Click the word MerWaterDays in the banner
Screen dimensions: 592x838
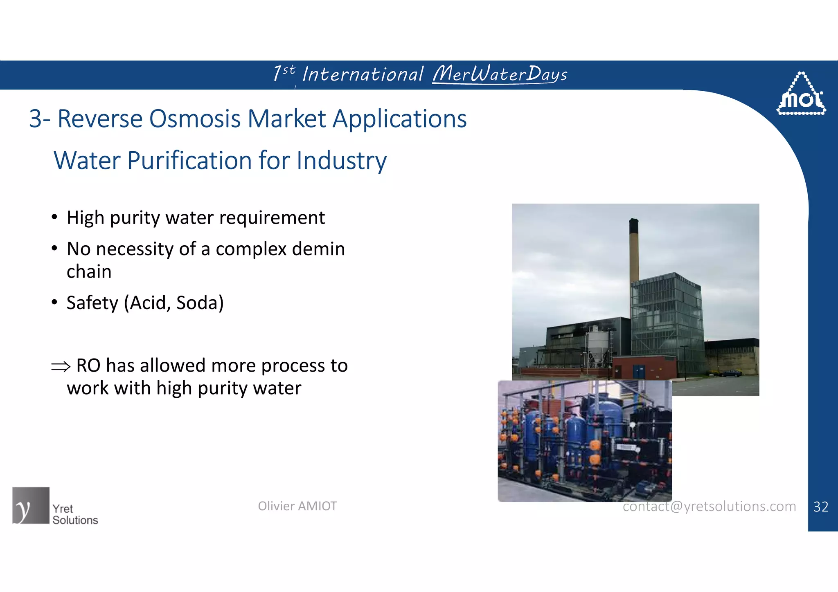click(500, 74)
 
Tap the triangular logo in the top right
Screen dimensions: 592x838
click(801, 95)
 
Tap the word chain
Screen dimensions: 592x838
click(89, 272)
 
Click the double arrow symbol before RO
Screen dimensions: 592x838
click(61, 366)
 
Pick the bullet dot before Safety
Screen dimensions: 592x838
click(54, 303)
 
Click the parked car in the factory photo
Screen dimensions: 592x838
click(730, 373)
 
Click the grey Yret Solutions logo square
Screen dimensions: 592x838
click(31, 505)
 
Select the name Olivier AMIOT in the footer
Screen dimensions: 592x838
click(297, 506)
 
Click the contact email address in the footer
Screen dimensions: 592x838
click(709, 507)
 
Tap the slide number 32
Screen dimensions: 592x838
click(821, 507)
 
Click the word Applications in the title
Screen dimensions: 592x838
click(399, 119)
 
